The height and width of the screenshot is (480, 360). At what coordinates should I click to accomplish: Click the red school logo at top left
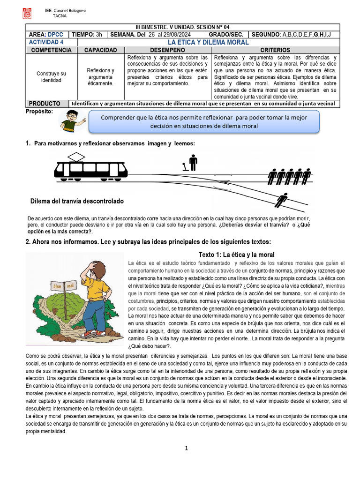[27, 13]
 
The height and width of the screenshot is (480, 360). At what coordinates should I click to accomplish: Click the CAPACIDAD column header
[100, 50]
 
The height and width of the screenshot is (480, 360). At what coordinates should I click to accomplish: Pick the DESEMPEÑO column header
[167, 50]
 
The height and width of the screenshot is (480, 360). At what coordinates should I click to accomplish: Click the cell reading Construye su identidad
[51, 77]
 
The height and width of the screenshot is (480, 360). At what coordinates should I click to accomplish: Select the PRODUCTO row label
[45, 103]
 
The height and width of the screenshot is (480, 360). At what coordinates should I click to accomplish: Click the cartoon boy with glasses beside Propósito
[71, 121]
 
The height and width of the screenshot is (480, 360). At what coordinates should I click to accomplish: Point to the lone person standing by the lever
[193, 163]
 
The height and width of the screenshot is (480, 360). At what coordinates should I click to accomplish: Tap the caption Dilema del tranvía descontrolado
[77, 201]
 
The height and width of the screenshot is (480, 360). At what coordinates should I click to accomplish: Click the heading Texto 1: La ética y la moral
[236, 255]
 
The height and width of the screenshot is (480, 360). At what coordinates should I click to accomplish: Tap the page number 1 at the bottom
[186, 448]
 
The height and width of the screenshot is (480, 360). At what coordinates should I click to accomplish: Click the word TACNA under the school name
[60, 15]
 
